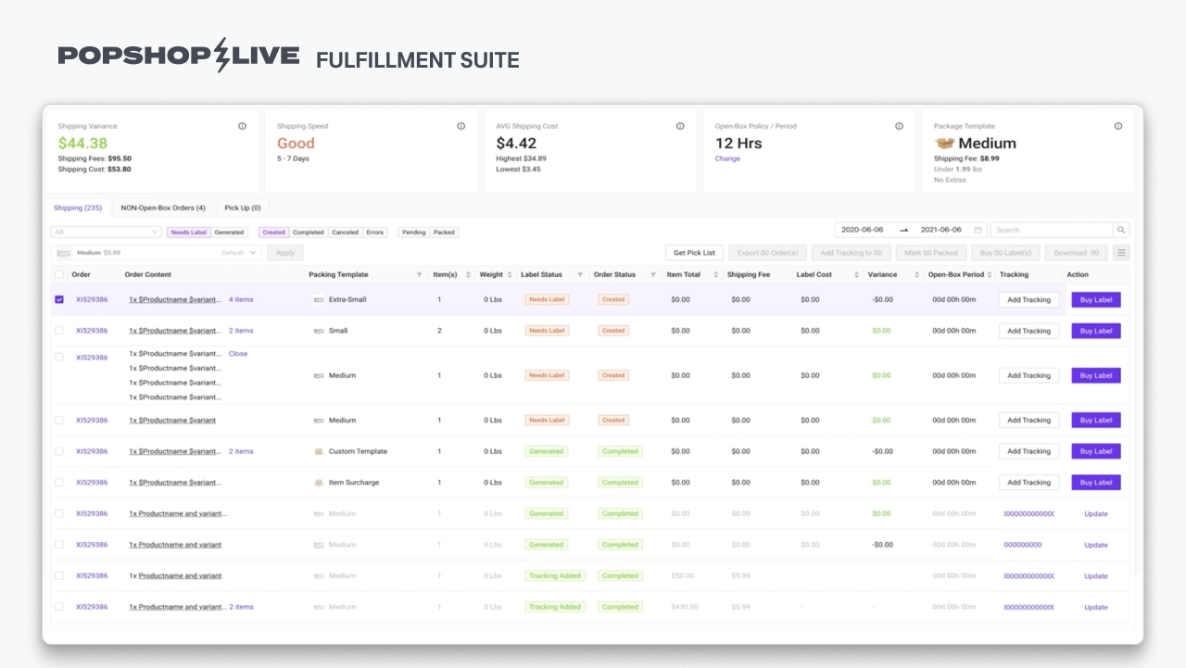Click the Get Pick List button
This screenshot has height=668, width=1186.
click(x=694, y=253)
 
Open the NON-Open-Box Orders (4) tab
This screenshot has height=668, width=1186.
click(x=163, y=208)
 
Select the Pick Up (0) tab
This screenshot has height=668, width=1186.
click(x=243, y=208)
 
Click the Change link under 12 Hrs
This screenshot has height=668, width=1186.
click(x=727, y=158)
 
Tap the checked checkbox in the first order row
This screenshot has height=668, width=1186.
click(x=59, y=299)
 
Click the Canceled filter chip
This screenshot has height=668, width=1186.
click(x=345, y=233)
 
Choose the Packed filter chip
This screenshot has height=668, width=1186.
click(x=445, y=233)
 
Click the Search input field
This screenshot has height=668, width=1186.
click(x=1051, y=230)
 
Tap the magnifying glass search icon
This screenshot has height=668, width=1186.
click(x=1121, y=230)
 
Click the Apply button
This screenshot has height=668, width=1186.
click(x=285, y=253)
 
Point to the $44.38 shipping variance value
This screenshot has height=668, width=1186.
click(x=82, y=144)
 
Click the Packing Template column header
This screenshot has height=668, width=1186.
click(x=338, y=274)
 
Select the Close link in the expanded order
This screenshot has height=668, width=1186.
click(x=238, y=354)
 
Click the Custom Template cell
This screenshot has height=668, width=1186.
click(x=358, y=451)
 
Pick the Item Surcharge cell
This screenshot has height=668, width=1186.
click(x=353, y=483)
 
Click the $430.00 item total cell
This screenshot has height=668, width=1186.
click(x=684, y=607)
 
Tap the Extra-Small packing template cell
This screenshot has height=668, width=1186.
click(x=347, y=299)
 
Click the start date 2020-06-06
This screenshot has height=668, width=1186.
click(x=863, y=230)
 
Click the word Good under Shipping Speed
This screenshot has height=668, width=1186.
click(x=296, y=144)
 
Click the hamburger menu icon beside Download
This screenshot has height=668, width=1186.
click(x=1121, y=253)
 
